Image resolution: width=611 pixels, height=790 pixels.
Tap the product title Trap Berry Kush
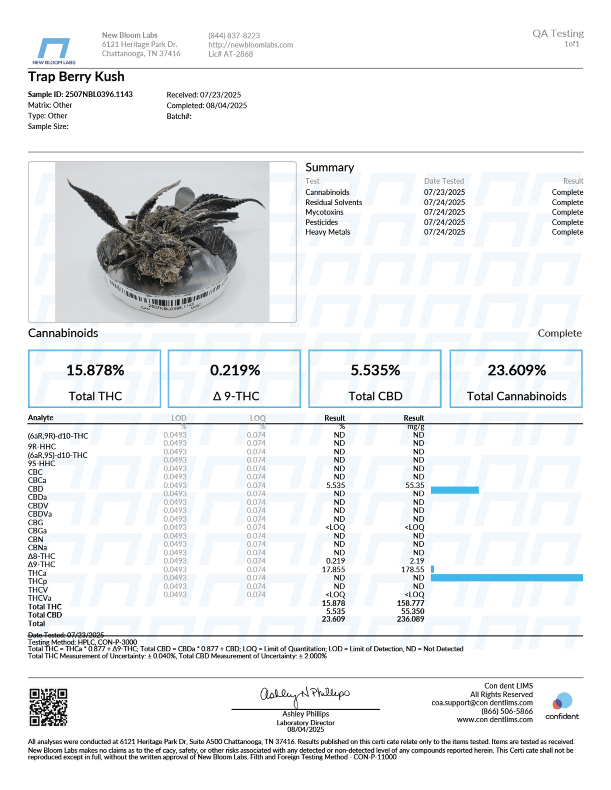coord(76,77)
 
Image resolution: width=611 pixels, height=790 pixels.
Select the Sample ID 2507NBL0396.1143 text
coord(80,95)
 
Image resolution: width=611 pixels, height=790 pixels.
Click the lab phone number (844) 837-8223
coord(234,36)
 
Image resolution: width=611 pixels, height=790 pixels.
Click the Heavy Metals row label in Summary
coord(328,232)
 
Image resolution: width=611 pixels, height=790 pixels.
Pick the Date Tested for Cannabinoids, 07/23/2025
coord(444,193)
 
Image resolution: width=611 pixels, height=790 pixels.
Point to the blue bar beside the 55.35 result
coord(455,490)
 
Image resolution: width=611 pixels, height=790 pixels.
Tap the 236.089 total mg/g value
coord(410,619)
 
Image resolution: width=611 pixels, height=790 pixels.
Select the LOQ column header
coord(258,418)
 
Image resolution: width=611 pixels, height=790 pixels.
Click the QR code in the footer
coord(48,707)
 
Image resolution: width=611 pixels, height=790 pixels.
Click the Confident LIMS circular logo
coord(562,702)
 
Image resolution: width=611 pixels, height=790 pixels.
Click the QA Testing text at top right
coord(558,34)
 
